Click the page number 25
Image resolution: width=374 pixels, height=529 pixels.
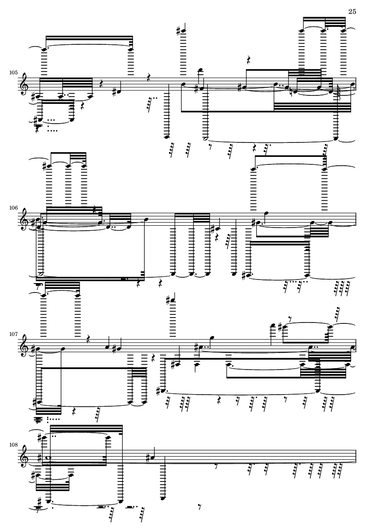click(x=352, y=12)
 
